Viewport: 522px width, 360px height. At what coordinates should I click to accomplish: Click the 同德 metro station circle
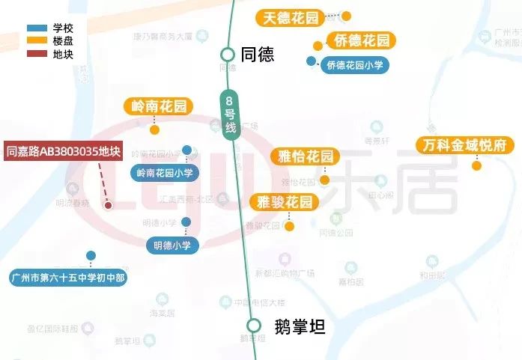(228, 54)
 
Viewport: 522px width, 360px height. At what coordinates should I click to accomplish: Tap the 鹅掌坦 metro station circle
(254, 326)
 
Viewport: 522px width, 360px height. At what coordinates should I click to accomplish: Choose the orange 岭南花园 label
(159, 106)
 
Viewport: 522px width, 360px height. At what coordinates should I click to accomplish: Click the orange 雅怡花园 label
(305, 156)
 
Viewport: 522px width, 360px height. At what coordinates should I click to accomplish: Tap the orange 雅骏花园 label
(283, 201)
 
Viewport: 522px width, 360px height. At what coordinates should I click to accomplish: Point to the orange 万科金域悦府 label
(465, 144)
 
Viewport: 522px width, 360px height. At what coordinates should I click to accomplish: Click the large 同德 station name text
(257, 55)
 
